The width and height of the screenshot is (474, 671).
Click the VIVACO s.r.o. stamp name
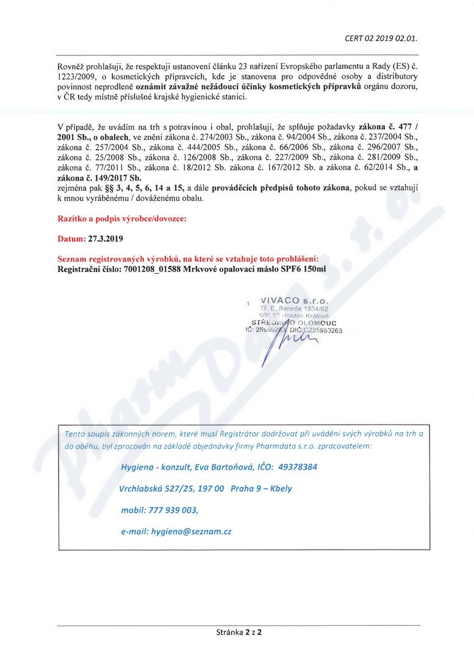point(293,301)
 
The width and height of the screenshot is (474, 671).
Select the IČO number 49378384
point(297,467)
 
